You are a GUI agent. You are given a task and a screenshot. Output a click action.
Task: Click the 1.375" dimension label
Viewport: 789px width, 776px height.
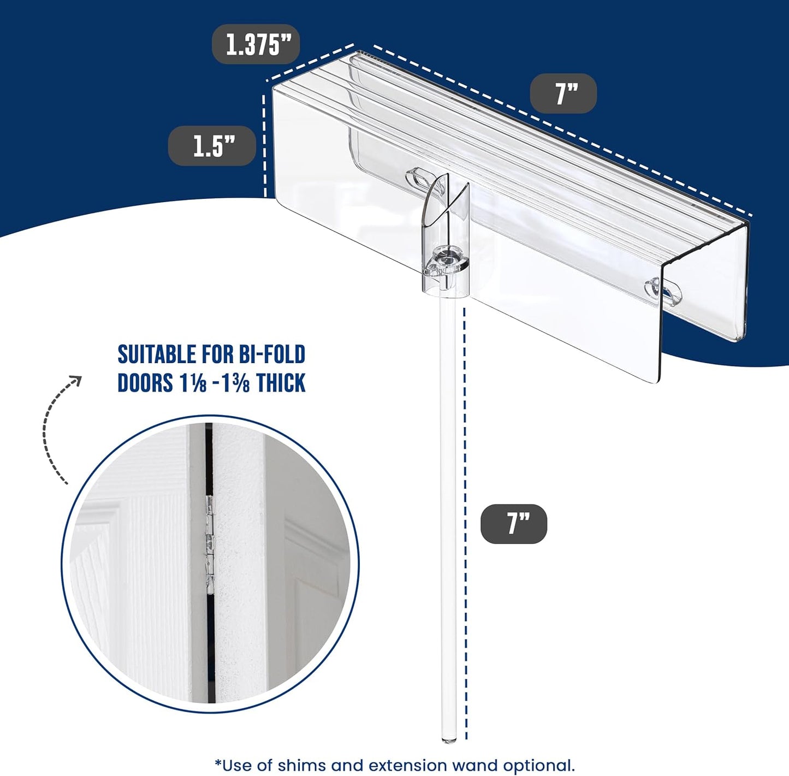coord(256,44)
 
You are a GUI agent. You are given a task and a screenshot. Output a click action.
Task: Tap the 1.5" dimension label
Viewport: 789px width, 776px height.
coord(212,146)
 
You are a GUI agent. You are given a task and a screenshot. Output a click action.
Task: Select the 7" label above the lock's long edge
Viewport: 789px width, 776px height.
coord(563,93)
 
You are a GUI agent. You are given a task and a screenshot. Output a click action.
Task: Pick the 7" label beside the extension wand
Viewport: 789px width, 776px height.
coord(514,524)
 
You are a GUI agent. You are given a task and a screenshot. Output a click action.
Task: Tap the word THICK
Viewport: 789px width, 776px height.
coord(281,383)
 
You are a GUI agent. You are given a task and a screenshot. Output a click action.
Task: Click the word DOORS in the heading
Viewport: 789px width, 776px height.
coord(145,383)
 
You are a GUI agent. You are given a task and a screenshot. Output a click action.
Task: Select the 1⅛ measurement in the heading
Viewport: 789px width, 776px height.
coord(193,383)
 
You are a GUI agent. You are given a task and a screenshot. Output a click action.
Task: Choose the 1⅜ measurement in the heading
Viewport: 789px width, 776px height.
coord(237,383)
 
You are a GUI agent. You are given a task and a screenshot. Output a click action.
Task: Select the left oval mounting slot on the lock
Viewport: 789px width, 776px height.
coord(418,179)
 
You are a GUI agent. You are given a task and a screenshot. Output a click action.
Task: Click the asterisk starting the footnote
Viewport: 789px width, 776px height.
coord(218,763)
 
